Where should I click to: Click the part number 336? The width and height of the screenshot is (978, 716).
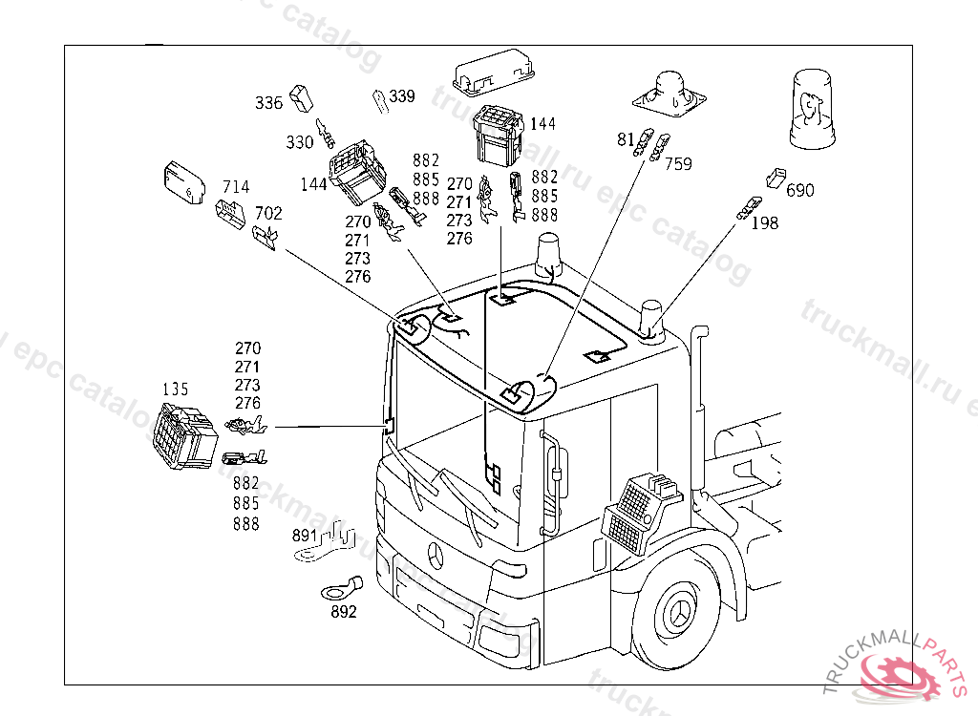pos(268,103)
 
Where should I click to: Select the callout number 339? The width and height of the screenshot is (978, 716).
pos(402,96)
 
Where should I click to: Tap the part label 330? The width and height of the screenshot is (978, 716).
pos(300,142)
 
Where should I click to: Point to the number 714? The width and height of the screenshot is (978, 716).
pos(236,186)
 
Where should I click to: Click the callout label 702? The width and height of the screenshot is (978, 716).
pos(268,214)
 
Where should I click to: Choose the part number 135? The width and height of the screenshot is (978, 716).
pos(176,390)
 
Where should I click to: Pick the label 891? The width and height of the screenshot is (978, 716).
pos(305,536)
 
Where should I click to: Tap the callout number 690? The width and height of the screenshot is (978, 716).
pos(800,191)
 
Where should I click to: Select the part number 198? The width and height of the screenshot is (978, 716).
pos(765,223)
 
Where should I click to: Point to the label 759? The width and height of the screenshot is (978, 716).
pos(678,163)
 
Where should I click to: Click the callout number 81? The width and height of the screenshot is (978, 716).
pos(626,140)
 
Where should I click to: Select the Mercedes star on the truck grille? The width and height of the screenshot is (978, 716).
pos(437,557)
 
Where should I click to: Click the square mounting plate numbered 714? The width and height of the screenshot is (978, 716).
pos(182,181)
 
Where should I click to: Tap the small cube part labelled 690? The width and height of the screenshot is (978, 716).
pos(776,177)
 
